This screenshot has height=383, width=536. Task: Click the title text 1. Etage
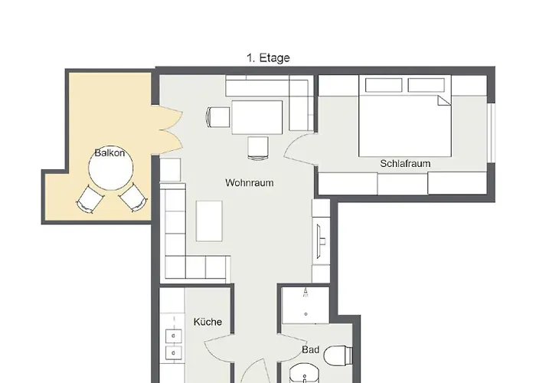click(x=268, y=57)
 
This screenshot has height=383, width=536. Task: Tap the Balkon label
click(x=109, y=153)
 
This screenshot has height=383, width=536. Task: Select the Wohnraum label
click(x=249, y=182)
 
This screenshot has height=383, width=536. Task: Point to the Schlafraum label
click(x=405, y=163)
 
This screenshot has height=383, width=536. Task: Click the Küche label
click(x=208, y=322)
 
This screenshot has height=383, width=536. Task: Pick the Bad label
click(x=311, y=350)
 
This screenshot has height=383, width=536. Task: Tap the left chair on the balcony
click(x=90, y=199)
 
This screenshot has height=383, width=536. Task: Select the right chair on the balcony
click(x=133, y=198)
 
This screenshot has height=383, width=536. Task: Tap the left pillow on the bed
click(x=384, y=85)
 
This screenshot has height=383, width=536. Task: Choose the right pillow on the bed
click(x=427, y=85)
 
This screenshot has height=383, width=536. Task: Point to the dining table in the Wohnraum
click(x=257, y=117)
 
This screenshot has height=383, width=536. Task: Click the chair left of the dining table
click(x=217, y=117)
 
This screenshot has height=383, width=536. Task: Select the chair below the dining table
click(x=258, y=148)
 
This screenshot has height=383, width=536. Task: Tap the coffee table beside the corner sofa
click(x=209, y=221)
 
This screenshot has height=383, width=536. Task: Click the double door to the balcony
click(x=171, y=129)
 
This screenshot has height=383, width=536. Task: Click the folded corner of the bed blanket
click(x=445, y=101)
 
